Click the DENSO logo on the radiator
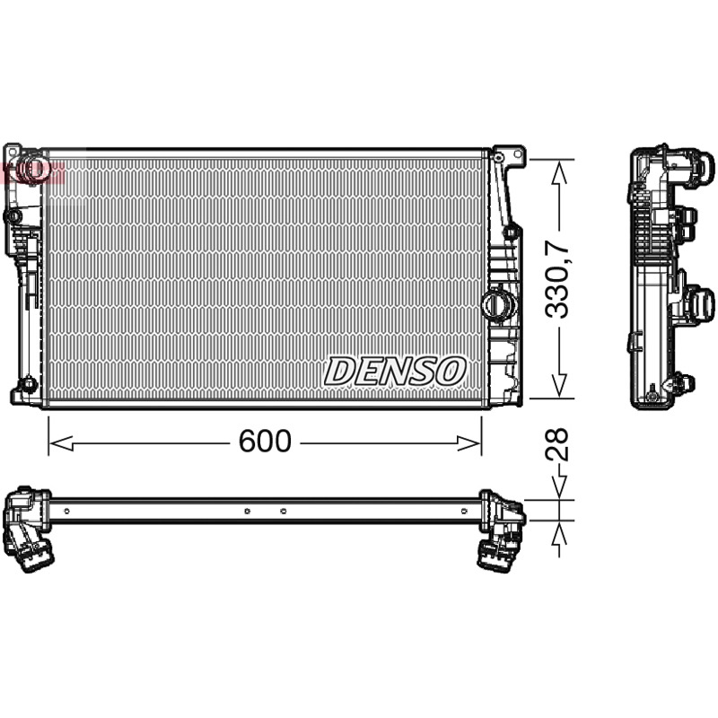pyautogui.click(x=395, y=371)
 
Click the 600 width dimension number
pyautogui.click(x=265, y=441)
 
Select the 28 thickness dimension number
pyautogui.click(x=556, y=444)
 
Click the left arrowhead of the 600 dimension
pyautogui.click(x=61, y=443)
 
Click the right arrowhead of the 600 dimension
pyautogui.click(x=468, y=443)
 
